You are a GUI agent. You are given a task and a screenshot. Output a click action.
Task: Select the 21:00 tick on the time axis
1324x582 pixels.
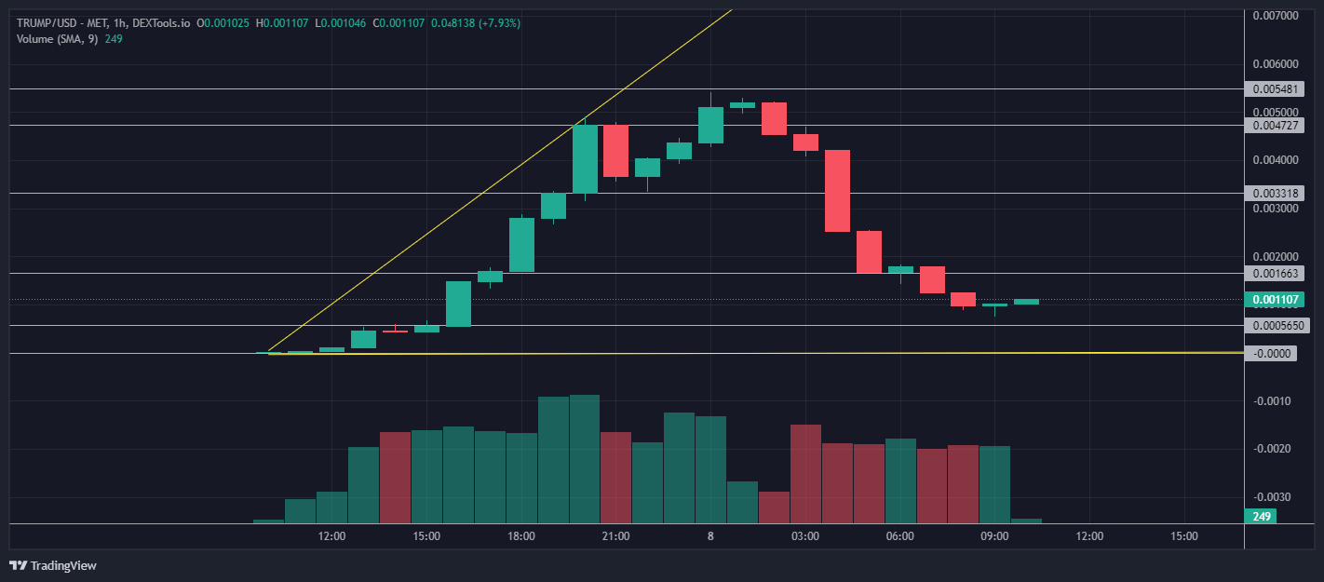tap(615, 536)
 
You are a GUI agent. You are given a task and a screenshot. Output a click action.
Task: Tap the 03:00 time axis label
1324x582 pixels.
tap(805, 536)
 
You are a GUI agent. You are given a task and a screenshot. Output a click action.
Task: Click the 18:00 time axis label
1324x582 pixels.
tap(521, 536)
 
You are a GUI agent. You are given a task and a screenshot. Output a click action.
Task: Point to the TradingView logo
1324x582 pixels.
tap(53, 565)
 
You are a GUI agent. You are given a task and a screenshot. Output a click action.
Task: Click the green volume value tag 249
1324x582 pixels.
tap(1262, 517)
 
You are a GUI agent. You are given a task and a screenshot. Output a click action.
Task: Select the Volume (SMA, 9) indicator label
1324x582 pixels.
tap(57, 39)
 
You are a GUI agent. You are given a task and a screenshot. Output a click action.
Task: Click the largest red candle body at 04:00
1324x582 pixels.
tap(837, 191)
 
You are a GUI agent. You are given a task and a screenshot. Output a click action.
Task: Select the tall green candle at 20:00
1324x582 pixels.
tap(585, 158)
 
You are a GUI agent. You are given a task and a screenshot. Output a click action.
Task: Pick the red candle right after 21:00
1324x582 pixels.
tap(615, 151)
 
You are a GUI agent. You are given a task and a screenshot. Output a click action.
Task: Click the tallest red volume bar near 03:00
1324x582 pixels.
tap(805, 473)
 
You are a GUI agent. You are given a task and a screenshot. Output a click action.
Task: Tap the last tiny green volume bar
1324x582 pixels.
tap(1026, 521)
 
